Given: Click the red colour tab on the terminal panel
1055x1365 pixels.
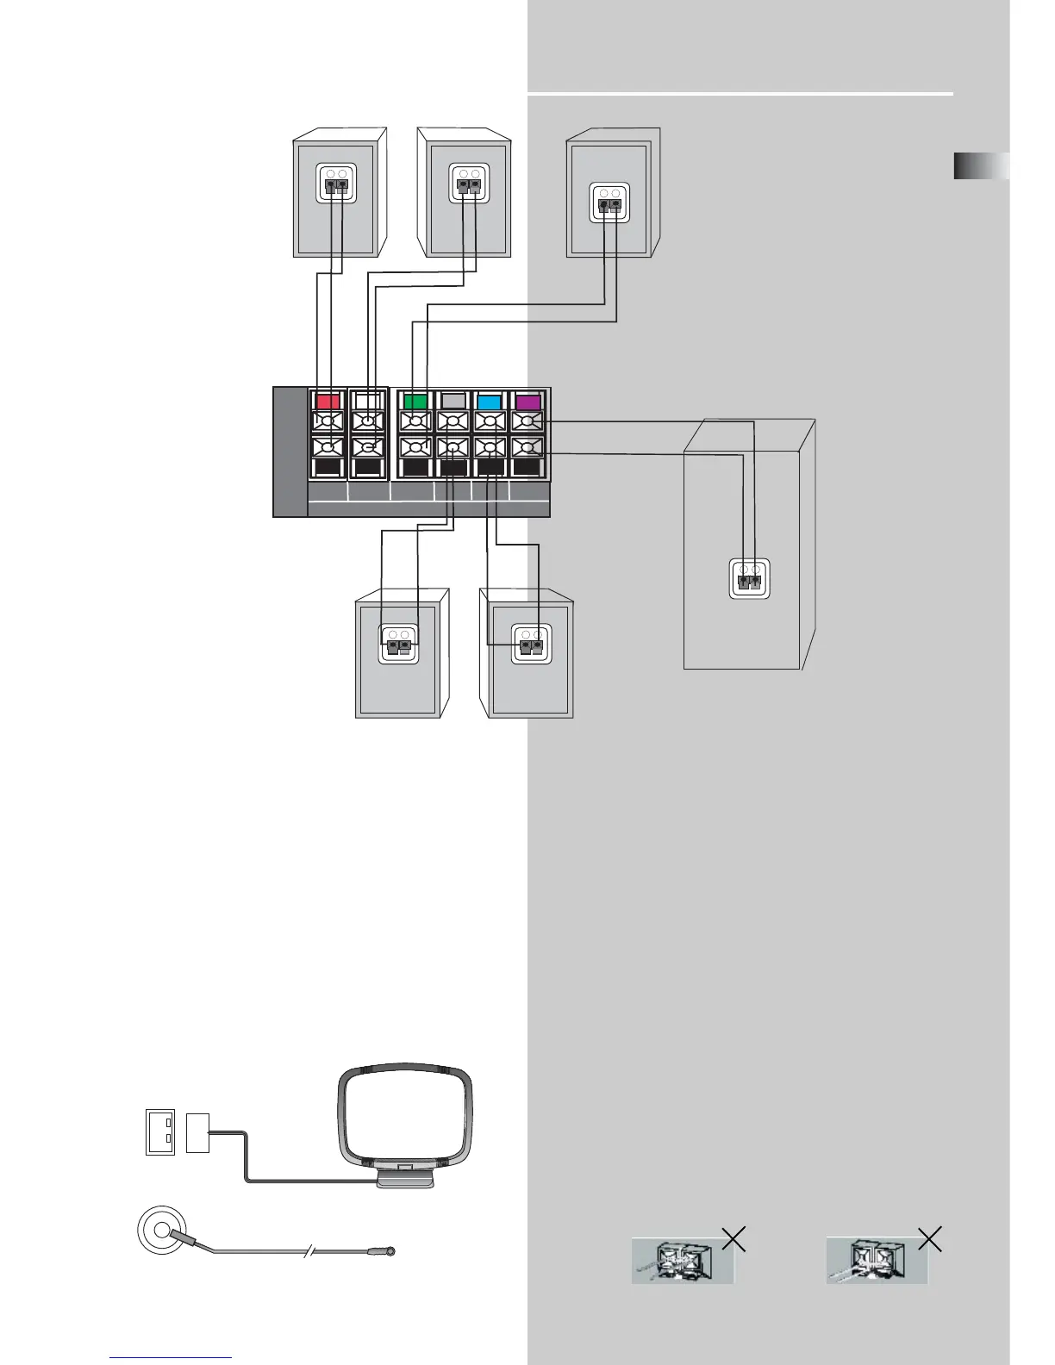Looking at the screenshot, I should tap(328, 401).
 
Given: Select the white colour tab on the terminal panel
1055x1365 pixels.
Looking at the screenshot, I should tap(368, 401).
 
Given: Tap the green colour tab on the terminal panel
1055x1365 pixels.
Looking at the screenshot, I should tap(416, 401).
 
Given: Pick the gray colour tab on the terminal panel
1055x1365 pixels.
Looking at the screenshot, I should tap(453, 401).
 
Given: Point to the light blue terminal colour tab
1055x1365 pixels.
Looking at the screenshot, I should tap(490, 401).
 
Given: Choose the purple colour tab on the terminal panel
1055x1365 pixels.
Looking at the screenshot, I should tap(527, 401).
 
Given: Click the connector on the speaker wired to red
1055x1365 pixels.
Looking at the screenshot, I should tap(336, 184).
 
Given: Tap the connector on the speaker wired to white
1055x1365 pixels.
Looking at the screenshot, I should tap(469, 184).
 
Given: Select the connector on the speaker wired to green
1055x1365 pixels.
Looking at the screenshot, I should tap(609, 203).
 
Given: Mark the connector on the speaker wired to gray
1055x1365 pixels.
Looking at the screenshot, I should tap(399, 644).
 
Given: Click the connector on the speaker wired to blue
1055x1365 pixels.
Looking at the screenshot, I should tap(531, 644).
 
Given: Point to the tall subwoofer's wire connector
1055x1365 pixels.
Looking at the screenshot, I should tap(749, 578).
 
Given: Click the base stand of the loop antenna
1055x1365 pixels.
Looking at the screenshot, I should tap(405, 1176).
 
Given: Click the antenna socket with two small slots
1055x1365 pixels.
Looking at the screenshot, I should tap(160, 1132).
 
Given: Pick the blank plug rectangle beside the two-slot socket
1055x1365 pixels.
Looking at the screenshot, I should tap(197, 1132).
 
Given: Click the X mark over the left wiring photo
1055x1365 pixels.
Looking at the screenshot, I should tap(734, 1239).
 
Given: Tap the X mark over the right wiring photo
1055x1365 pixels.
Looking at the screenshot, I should tap(930, 1239).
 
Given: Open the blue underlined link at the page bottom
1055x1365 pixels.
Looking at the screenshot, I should tap(171, 1357).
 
